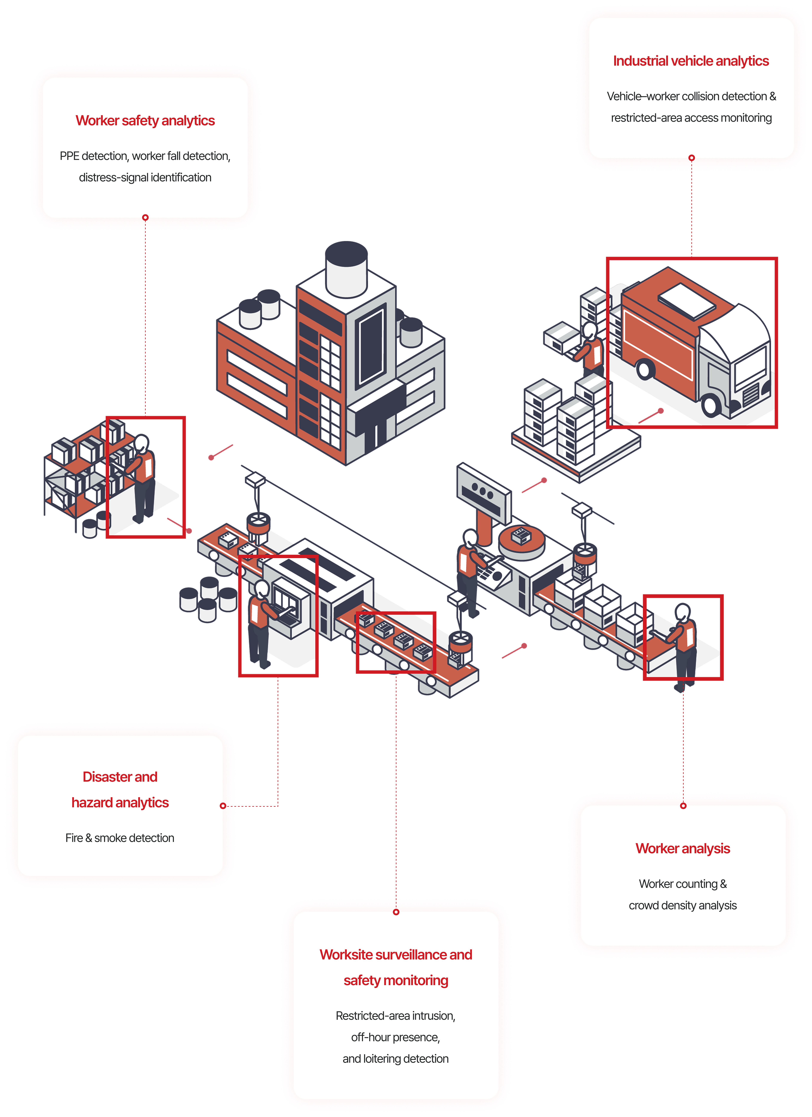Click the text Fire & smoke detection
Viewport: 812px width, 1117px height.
coord(120,838)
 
